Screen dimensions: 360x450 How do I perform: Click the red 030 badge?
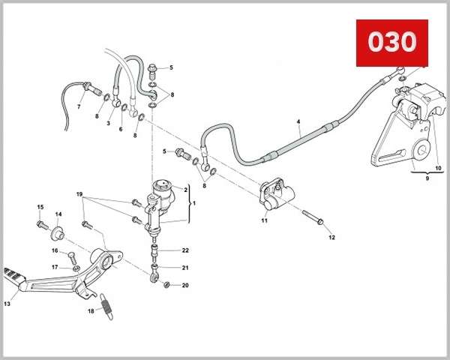point(391,42)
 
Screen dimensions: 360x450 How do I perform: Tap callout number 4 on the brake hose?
point(298,121)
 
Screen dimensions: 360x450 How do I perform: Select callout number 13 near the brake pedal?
point(7,304)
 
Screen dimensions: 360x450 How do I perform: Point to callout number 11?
point(264,220)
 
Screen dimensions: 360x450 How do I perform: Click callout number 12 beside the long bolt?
point(331,237)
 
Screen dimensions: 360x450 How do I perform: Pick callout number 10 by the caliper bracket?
point(438,168)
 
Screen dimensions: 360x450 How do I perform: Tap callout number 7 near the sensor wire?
point(79,106)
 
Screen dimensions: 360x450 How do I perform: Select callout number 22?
point(185,250)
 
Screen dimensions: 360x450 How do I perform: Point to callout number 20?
point(185,285)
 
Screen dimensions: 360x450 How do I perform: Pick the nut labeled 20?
point(167,284)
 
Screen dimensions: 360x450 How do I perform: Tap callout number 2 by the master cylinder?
point(185,190)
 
